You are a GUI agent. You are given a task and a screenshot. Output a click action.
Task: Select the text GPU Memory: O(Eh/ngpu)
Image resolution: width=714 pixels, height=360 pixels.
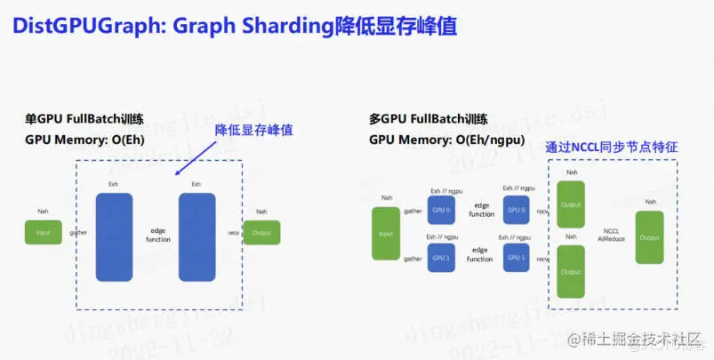pyautogui.click(x=446, y=140)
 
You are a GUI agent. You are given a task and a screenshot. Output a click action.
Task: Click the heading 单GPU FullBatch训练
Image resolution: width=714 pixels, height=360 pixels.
pyautogui.click(x=84, y=119)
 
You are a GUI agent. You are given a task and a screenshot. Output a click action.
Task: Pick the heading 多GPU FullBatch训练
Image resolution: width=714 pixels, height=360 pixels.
pyautogui.click(x=428, y=119)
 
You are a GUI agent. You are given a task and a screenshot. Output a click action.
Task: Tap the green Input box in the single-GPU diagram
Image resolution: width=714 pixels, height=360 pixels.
pyautogui.click(x=43, y=233)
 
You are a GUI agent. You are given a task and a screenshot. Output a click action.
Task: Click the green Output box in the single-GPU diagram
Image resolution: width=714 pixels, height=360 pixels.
pyautogui.click(x=261, y=233)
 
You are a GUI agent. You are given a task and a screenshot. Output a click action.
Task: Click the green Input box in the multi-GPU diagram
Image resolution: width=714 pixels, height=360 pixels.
pyautogui.click(x=386, y=233)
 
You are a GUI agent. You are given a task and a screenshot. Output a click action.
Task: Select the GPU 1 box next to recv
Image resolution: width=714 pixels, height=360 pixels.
pyautogui.click(x=515, y=258)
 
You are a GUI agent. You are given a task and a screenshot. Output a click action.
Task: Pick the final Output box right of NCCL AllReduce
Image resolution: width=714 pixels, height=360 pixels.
pyautogui.click(x=650, y=236)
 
